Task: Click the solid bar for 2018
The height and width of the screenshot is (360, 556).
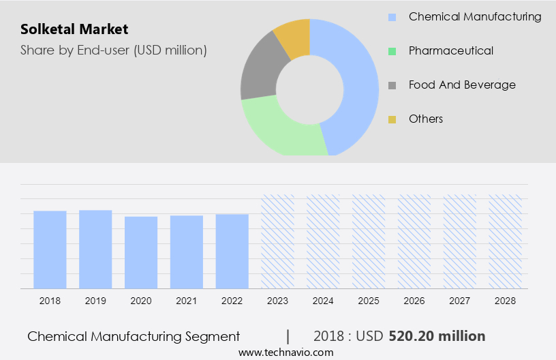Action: click(50, 250)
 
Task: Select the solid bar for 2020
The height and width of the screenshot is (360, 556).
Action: click(141, 252)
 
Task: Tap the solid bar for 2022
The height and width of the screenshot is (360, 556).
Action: click(232, 251)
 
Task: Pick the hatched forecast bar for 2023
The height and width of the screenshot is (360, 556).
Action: click(278, 241)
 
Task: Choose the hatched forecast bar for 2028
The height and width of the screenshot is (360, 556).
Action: click(505, 241)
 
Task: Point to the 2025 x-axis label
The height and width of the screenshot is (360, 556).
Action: click(369, 300)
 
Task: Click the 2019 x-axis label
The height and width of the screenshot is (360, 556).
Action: click(95, 300)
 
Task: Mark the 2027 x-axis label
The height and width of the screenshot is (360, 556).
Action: click(459, 300)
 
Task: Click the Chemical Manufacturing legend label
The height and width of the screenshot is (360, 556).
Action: click(474, 16)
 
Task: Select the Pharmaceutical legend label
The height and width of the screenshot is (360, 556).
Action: click(450, 50)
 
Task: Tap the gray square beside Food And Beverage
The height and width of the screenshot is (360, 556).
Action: click(392, 85)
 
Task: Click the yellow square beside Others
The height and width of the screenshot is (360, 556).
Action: click(392, 119)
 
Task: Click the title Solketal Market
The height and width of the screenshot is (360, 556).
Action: click(74, 29)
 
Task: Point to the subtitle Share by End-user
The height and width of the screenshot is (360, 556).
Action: click(114, 50)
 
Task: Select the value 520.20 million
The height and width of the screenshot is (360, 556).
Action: click(437, 336)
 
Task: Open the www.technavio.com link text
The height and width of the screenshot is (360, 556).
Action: click(285, 352)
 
